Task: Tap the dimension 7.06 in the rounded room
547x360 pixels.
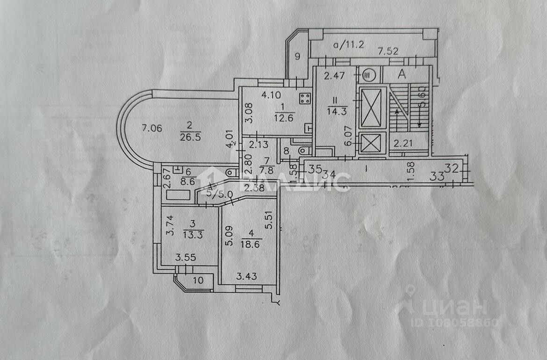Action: [x=152, y=128]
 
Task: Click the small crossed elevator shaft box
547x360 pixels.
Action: [x=371, y=143]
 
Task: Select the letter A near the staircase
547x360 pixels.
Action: [x=401, y=73]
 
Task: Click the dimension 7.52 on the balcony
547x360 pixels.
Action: [x=388, y=51]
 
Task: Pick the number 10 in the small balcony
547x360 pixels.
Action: [x=198, y=281]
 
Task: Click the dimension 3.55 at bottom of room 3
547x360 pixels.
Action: [x=185, y=257]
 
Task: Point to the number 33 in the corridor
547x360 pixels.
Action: [x=437, y=176]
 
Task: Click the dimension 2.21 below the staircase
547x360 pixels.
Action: [x=403, y=144]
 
